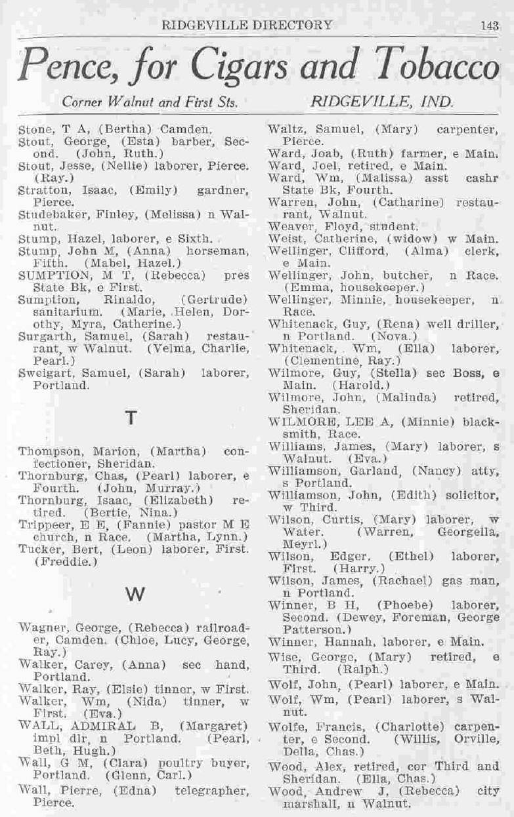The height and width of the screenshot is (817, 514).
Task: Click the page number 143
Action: (x=489, y=26)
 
